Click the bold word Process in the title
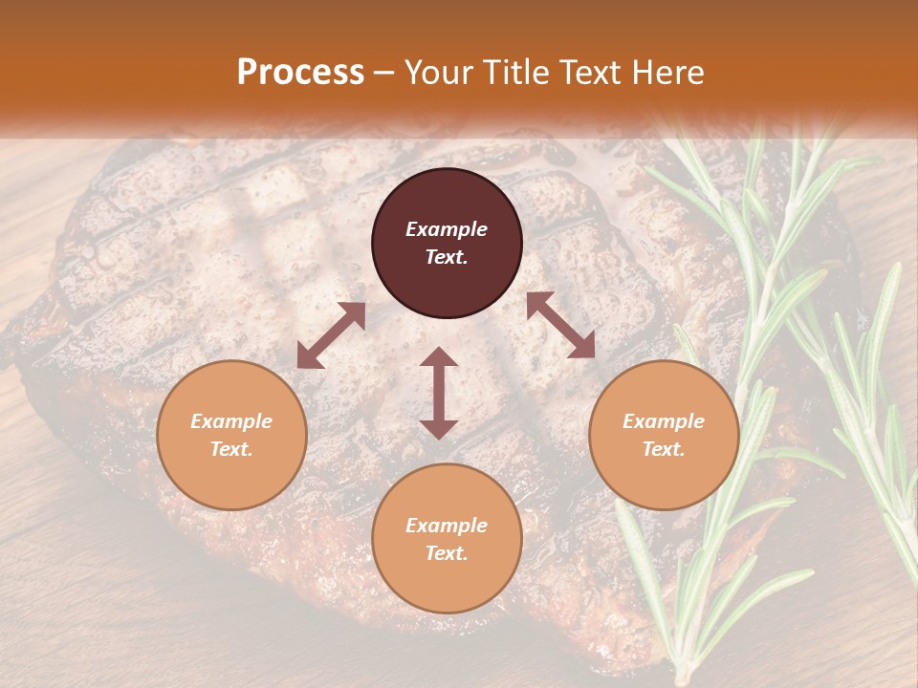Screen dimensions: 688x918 [x=300, y=73]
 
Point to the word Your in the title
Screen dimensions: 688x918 [x=435, y=73]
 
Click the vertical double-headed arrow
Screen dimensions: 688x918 [x=439, y=393]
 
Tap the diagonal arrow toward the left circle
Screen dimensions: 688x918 [x=331, y=335]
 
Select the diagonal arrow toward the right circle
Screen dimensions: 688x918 [x=560, y=325]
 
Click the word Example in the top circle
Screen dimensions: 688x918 [x=447, y=229]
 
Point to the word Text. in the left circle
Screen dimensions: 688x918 [x=231, y=449]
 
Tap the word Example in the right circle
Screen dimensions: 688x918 [x=664, y=421]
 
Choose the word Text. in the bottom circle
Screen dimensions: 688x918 [x=447, y=553]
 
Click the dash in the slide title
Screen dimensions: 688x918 [x=384, y=73]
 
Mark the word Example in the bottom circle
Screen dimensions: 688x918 [x=447, y=526]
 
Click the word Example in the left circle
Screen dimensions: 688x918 [x=231, y=421]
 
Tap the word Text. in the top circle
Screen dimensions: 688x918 [x=447, y=257]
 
